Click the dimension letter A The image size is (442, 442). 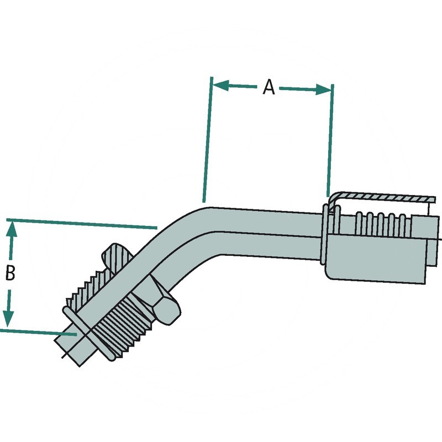(x=269, y=87)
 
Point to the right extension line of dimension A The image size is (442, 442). (x=330, y=138)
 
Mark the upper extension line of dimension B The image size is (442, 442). (x=83, y=223)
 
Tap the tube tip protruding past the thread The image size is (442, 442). (x=69, y=348)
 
